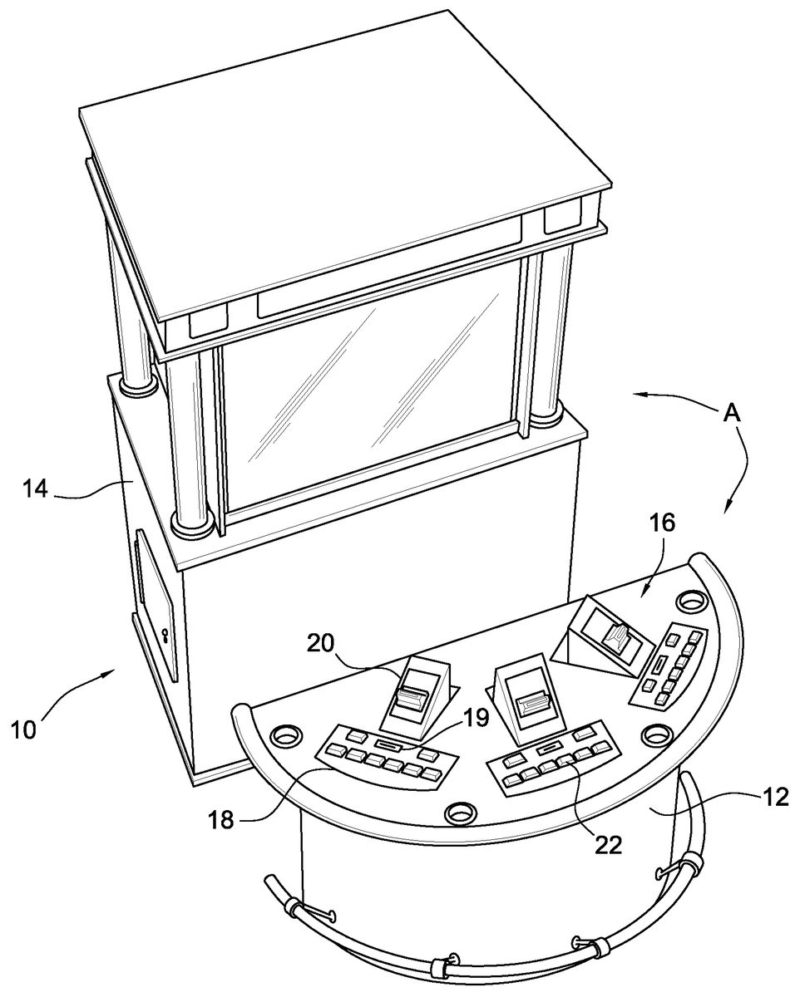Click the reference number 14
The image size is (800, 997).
pyautogui.click(x=36, y=489)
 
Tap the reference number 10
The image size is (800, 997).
pyautogui.click(x=24, y=730)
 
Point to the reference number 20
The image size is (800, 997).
pyautogui.click(x=320, y=645)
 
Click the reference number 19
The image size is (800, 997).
pyautogui.click(x=476, y=718)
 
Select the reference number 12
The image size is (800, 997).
pyautogui.click(x=775, y=797)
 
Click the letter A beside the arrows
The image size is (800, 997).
pyautogui.click(x=732, y=414)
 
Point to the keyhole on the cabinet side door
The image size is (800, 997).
pyautogui.click(x=164, y=635)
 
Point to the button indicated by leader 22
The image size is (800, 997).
pyautogui.click(x=565, y=760)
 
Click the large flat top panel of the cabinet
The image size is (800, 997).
pyautogui.click(x=343, y=165)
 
